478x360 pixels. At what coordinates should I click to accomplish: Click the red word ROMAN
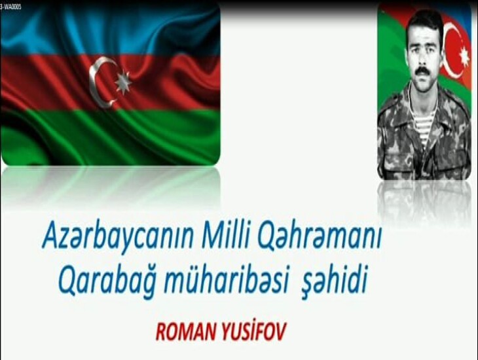point(185,331)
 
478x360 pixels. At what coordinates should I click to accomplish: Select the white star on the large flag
point(123,82)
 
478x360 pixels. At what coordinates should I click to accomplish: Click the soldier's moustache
point(422,73)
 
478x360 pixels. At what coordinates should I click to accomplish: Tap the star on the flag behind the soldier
point(465,56)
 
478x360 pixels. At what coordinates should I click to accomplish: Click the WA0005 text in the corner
point(11,7)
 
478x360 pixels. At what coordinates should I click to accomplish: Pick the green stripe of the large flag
point(110,137)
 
